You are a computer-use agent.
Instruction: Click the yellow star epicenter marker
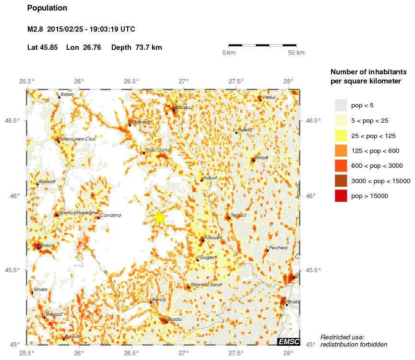pyautogui.click(x=160, y=218)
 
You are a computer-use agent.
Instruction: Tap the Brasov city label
pyautogui.click(x=47, y=245)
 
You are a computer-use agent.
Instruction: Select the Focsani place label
pyautogui.click(x=213, y=237)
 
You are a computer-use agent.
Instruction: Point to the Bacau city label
pyautogui.click(x=182, y=107)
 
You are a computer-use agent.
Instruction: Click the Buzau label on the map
pyautogui.click(x=175, y=319)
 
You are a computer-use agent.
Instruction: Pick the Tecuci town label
pyautogui.click(x=238, y=215)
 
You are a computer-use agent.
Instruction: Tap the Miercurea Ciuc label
pyautogui.click(x=78, y=139)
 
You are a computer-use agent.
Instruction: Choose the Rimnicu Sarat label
pyautogui.click(x=206, y=284)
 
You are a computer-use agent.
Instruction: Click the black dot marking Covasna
pyautogui.click(x=99, y=218)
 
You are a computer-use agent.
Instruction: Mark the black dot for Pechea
pyautogui.click(x=267, y=250)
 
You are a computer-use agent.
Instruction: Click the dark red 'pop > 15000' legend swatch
pyautogui.click(x=341, y=196)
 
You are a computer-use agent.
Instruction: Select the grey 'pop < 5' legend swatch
pyautogui.click(x=341, y=105)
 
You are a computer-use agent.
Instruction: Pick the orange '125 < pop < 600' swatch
pyautogui.click(x=341, y=151)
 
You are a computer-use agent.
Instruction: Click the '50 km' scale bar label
pyautogui.click(x=296, y=53)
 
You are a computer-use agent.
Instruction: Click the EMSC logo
pyautogui.click(x=289, y=341)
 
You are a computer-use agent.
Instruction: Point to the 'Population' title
pyautogui.click(x=47, y=8)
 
